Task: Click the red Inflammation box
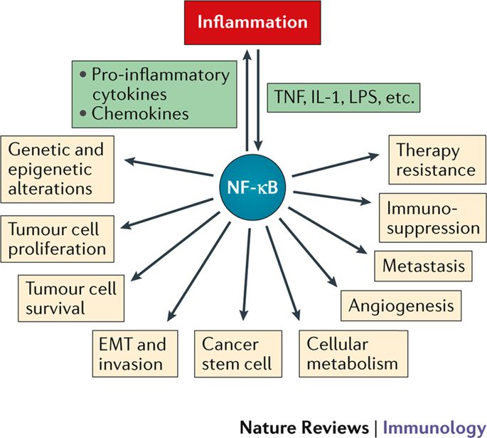pyautogui.click(x=252, y=23)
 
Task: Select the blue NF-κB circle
pyautogui.click(x=252, y=187)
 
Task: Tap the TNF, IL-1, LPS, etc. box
pyautogui.click(x=343, y=98)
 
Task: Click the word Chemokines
pyautogui.click(x=140, y=113)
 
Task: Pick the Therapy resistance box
pyautogui.click(x=437, y=160)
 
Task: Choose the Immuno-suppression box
pyautogui.click(x=433, y=218)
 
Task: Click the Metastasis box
pyautogui.click(x=423, y=266)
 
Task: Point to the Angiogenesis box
pyautogui.click(x=401, y=306)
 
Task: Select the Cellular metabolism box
pyautogui.click(x=353, y=354)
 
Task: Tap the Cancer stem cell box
pyautogui.click(x=238, y=354)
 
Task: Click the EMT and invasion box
pyautogui.click(x=135, y=354)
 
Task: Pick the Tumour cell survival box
pyautogui.click(x=71, y=298)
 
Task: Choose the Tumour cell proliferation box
pyautogui.click(x=57, y=239)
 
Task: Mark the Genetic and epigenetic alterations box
pyautogui.click(x=57, y=170)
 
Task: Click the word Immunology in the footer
pyautogui.click(x=434, y=428)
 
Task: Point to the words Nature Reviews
pyautogui.click(x=304, y=427)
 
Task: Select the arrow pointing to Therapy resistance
pyautogui.click(x=336, y=165)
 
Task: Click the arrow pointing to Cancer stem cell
pyautogui.click(x=247, y=274)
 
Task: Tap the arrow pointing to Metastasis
pyautogui.click(x=328, y=230)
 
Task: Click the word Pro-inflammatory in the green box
pyautogui.click(x=161, y=75)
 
